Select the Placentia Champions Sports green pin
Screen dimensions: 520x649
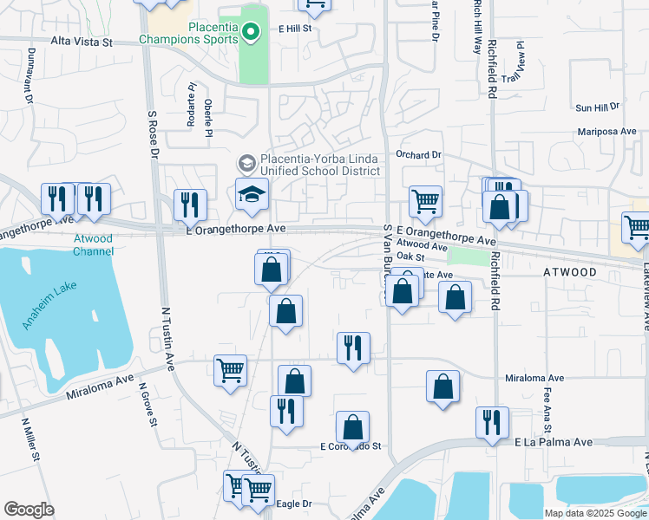251,33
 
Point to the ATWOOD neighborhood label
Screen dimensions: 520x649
569,272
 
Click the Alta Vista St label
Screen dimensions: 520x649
82,41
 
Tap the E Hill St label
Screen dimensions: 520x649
295,29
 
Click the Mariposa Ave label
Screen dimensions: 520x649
607,133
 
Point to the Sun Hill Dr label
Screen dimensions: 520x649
598,107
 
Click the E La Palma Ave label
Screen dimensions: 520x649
553,442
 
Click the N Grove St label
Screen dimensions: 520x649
147,408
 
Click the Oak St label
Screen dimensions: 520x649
409,257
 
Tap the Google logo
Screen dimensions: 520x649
29,509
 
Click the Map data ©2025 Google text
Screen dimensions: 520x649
595,513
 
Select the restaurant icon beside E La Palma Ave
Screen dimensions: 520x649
492,421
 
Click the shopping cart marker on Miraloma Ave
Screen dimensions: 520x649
231,370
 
